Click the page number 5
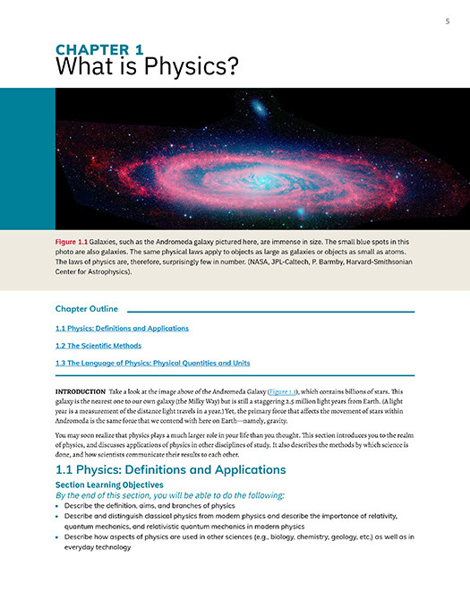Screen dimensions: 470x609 [x=447, y=21]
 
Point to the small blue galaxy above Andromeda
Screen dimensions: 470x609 [x=259, y=109]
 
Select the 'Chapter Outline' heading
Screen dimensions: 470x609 [x=87, y=309]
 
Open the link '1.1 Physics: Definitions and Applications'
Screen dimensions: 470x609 [x=122, y=328]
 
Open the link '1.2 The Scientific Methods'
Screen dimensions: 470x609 [x=98, y=346]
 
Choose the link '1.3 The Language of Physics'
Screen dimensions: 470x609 [x=152, y=363]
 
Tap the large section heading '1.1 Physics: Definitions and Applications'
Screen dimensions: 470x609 [x=170, y=469]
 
